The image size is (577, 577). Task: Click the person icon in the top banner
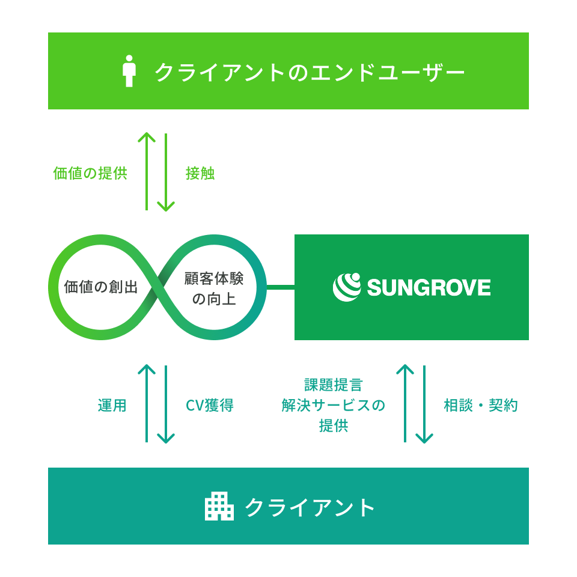click(x=129, y=71)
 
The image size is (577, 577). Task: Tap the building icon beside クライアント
click(x=219, y=506)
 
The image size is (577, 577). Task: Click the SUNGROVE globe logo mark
click(x=347, y=287)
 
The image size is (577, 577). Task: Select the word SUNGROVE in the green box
click(x=429, y=287)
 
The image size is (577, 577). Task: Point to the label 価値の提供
click(x=90, y=173)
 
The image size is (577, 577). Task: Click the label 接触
click(x=200, y=173)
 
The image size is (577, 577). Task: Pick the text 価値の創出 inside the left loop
click(x=101, y=287)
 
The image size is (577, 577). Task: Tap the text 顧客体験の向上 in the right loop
click(x=214, y=288)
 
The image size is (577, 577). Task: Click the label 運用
click(x=112, y=405)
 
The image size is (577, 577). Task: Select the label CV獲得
click(x=209, y=405)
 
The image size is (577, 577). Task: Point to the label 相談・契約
click(x=481, y=405)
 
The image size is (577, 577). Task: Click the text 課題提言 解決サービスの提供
click(x=334, y=405)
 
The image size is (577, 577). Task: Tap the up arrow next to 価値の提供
click(x=147, y=171)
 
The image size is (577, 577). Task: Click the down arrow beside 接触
click(x=166, y=172)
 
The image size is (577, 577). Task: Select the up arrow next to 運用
click(x=147, y=403)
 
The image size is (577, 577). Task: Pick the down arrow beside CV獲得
click(x=166, y=405)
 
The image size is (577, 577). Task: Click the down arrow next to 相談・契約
click(x=424, y=405)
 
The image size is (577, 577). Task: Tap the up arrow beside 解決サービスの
click(x=405, y=403)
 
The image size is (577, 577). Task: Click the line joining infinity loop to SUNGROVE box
click(x=280, y=287)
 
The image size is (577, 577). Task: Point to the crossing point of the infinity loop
click(x=157, y=287)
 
